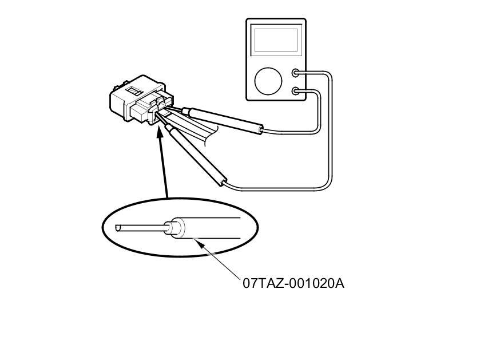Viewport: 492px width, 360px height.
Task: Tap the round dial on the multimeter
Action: (269, 81)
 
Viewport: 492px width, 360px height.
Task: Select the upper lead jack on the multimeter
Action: (296, 73)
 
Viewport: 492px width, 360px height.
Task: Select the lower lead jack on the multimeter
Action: (296, 90)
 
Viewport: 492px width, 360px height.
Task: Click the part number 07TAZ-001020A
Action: (293, 283)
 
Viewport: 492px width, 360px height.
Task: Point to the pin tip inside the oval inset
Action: (118, 228)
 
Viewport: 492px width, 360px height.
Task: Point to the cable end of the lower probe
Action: (224, 183)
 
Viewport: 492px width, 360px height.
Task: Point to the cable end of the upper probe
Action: (260, 131)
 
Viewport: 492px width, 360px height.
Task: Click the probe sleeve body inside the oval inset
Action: (217, 228)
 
